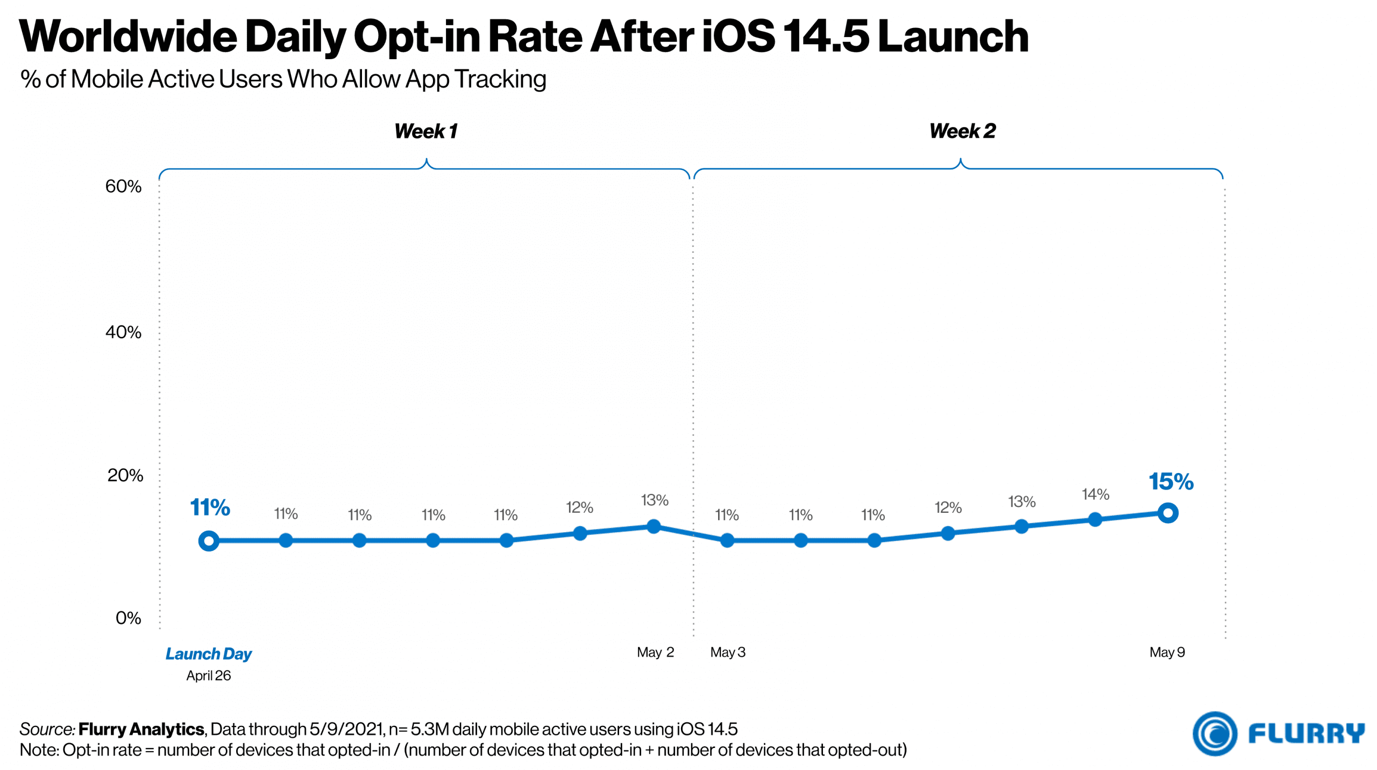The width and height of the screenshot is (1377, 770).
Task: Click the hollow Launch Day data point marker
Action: click(x=209, y=540)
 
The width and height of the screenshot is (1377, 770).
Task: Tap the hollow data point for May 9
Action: click(x=1167, y=513)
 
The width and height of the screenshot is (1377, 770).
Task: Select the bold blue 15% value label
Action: click(x=1170, y=482)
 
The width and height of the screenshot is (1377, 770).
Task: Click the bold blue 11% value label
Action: click(x=210, y=507)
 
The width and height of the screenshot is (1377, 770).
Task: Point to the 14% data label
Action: click(x=1095, y=494)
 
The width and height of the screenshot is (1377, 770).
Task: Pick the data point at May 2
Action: click(x=654, y=526)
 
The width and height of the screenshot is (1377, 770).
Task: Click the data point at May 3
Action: click(x=727, y=540)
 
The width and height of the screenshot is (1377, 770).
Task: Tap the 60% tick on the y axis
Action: click(x=123, y=186)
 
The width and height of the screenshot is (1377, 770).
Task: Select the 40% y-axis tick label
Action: click(x=123, y=332)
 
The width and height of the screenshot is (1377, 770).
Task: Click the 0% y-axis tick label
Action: click(x=128, y=618)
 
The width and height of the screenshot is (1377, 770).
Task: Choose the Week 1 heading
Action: click(x=425, y=131)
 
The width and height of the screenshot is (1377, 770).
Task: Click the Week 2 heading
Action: click(x=962, y=131)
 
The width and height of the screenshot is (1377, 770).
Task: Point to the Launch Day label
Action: click(x=208, y=654)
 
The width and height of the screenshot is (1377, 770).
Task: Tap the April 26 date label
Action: click(x=208, y=675)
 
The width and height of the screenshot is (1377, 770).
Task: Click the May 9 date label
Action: click(x=1167, y=652)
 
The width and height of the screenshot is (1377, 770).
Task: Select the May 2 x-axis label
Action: click(x=655, y=652)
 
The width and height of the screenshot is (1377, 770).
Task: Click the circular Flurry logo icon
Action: click(x=1214, y=733)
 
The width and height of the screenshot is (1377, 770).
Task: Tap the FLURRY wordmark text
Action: click(x=1306, y=733)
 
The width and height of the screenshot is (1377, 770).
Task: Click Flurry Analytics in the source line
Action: click(x=141, y=729)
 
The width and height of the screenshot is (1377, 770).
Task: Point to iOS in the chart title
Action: click(x=738, y=37)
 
